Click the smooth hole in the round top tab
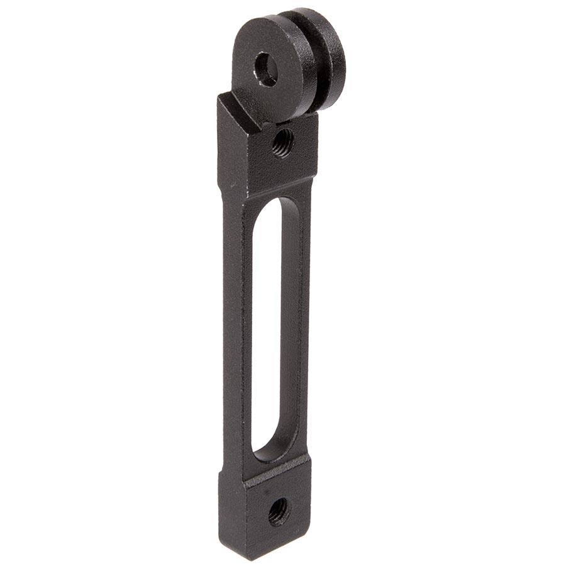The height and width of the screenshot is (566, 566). [x=266, y=69]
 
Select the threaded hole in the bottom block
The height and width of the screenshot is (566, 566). [x=279, y=511]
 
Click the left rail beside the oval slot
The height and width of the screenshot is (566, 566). [x=240, y=327]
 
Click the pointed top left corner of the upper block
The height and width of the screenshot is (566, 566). [x=219, y=96]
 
